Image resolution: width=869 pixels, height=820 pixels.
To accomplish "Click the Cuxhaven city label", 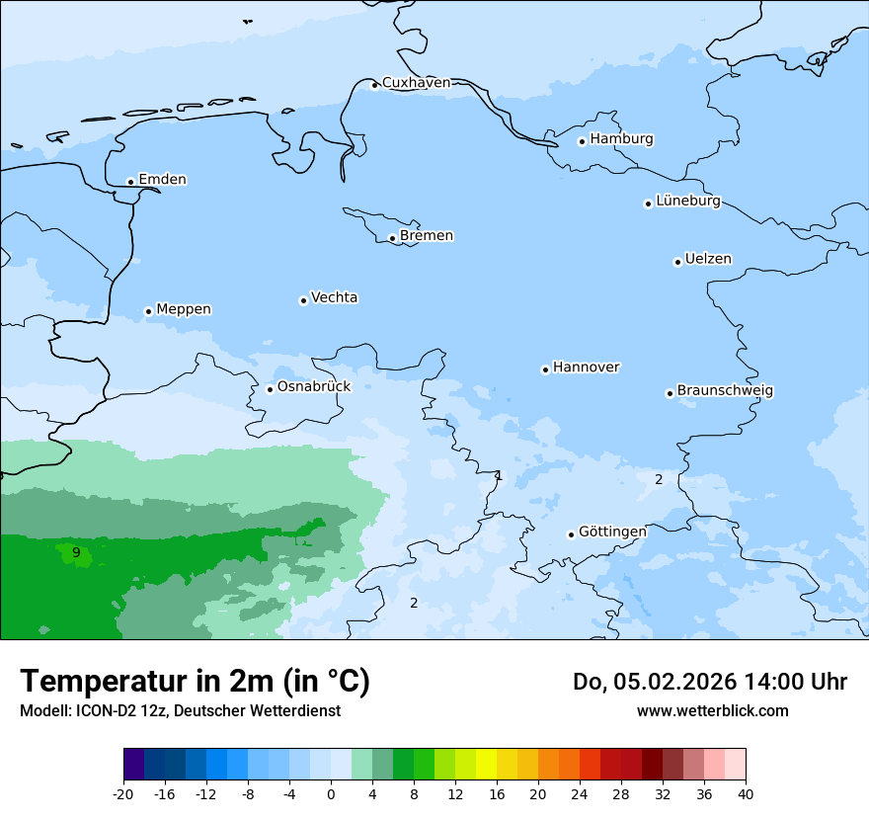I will [x=416, y=83].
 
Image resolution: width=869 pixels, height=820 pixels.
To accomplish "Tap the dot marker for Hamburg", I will [x=582, y=141].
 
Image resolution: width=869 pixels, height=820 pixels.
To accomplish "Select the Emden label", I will [x=162, y=180].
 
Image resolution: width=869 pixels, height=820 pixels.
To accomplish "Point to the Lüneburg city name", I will [x=687, y=202].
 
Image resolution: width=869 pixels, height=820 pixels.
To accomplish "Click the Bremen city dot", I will [x=392, y=238].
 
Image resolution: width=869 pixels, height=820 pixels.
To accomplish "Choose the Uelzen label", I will [x=708, y=259].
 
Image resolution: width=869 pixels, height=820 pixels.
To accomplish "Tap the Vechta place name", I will [x=334, y=297].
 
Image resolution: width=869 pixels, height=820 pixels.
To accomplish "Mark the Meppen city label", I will [x=184, y=309].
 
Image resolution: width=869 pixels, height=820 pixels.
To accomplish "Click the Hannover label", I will [x=586, y=368].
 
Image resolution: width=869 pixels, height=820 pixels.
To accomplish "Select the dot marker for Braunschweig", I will [x=670, y=393].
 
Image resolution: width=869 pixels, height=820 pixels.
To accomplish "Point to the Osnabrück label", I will [x=314, y=386].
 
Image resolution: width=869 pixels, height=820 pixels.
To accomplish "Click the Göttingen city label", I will [x=612, y=532].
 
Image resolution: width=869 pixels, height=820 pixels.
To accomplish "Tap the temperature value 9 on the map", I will [x=76, y=552].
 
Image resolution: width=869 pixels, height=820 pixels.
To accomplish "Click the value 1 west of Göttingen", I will [x=499, y=475].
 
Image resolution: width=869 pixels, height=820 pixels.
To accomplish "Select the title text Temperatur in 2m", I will [x=195, y=681].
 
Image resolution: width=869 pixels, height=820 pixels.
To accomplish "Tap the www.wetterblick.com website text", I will [x=712, y=710].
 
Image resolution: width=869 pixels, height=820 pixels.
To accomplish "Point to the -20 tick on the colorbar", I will [x=123, y=793].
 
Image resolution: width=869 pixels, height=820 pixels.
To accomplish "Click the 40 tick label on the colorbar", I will [x=746, y=793].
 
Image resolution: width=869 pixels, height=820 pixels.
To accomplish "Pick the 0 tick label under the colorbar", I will [x=331, y=793].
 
